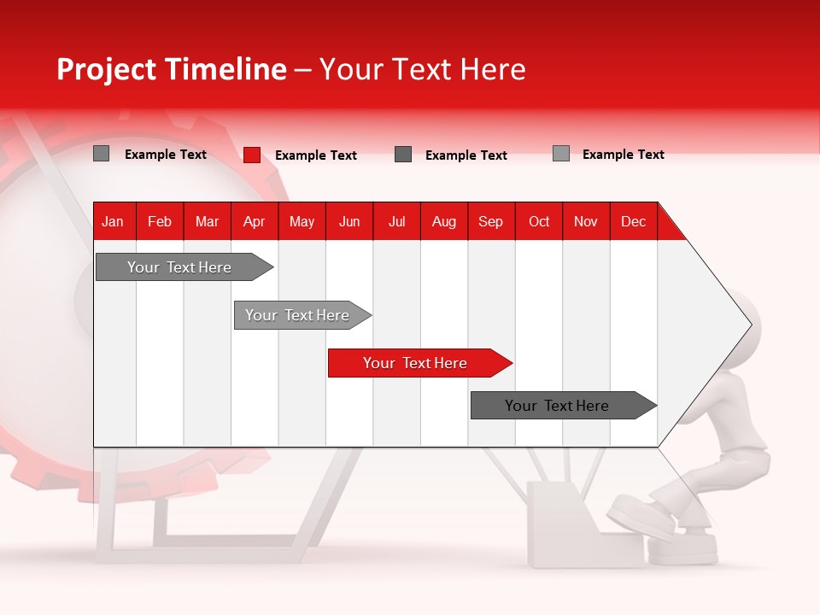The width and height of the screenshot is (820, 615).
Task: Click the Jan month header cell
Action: click(113, 221)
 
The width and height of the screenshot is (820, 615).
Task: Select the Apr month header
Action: click(254, 221)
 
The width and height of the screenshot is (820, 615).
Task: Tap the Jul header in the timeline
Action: click(396, 221)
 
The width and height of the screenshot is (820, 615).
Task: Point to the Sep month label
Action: click(490, 221)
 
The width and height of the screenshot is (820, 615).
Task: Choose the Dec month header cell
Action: click(633, 221)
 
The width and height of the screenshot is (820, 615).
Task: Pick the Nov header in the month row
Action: click(585, 221)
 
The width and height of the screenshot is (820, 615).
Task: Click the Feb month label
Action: click(160, 221)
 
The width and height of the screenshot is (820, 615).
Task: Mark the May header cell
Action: click(302, 221)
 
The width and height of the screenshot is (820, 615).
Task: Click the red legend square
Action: click(252, 155)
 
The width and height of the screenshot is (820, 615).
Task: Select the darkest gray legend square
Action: click(403, 155)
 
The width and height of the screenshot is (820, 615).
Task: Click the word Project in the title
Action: click(107, 69)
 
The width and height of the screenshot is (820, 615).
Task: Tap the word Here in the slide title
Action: click(493, 69)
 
